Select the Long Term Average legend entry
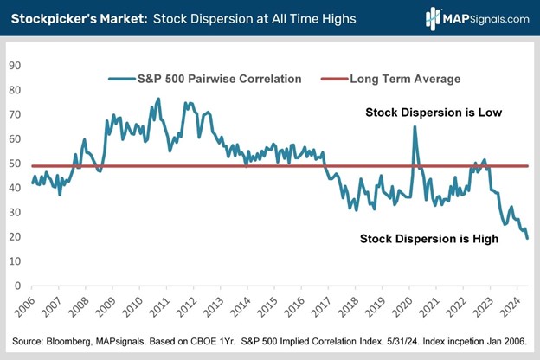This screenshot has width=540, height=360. tap(403, 79)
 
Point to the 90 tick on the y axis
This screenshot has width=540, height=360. tap(14, 64)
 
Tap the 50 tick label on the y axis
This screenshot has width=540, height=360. tap(14, 163)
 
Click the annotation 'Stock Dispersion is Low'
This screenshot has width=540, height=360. tap(434, 112)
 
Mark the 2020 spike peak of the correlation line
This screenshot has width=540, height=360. tap(415, 127)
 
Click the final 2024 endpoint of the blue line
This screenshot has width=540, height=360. tap(528, 238)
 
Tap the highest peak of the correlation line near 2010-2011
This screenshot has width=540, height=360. tap(157, 99)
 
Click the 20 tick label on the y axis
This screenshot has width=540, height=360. tap(14, 236)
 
